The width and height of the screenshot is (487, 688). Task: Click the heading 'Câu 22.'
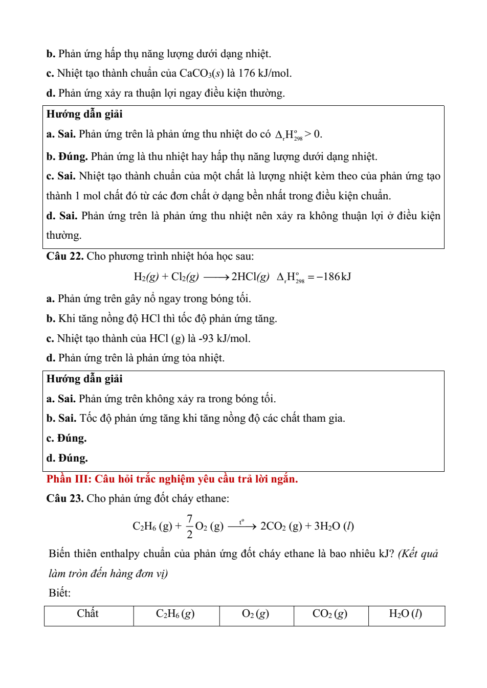tap(64, 256)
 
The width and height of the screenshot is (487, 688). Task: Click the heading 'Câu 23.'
tap(64, 498)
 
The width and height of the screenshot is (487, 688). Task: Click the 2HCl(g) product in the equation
tap(250, 277)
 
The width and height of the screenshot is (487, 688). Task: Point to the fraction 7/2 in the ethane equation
tap(189, 526)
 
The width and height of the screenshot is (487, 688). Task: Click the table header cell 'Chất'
tap(88, 614)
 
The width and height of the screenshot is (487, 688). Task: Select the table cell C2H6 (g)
tap(175, 614)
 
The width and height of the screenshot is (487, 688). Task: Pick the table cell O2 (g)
tap(255, 614)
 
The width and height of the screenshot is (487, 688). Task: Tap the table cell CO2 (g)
tap(330, 614)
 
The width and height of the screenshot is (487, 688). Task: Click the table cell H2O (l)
tap(406, 614)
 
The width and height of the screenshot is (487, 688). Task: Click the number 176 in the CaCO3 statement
tap(247, 73)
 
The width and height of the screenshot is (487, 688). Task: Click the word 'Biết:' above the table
tap(60, 593)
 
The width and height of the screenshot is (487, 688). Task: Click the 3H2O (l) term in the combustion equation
tap(334, 526)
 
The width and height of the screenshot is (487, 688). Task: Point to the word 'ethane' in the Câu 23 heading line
tap(211, 498)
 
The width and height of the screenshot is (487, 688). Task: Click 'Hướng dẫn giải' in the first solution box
tap(84, 114)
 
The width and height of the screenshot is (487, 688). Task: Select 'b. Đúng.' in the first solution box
tap(67, 156)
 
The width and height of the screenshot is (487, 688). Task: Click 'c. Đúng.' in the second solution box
tap(67, 438)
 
